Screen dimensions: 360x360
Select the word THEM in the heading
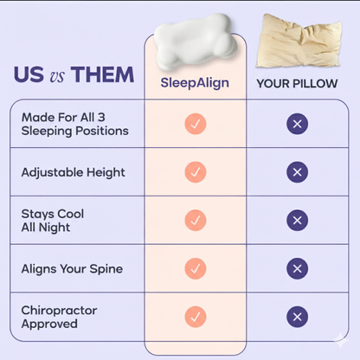(x=103, y=74)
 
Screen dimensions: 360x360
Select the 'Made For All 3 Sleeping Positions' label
(x=74, y=124)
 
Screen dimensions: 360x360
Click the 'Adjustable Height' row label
(x=73, y=172)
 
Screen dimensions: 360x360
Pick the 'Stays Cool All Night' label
(x=53, y=220)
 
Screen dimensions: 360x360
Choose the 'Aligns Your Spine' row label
(x=72, y=268)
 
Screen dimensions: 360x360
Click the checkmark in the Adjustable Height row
(x=196, y=172)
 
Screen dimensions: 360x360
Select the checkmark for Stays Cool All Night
(x=196, y=221)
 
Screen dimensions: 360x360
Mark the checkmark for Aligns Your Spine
(x=196, y=268)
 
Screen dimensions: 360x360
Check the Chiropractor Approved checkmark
(x=196, y=317)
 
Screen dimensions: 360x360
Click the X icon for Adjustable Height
(x=297, y=172)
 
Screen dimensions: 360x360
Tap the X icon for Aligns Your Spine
(x=297, y=268)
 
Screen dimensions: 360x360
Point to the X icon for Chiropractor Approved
(x=297, y=317)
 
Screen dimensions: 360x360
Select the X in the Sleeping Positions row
(x=297, y=124)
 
